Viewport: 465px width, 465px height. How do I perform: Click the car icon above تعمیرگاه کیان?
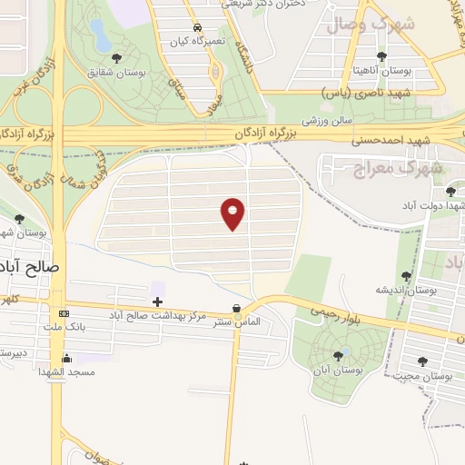[x=197, y=26]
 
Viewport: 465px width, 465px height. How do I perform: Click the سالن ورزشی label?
[x=326, y=120]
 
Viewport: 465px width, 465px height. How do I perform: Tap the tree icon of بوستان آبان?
[x=339, y=355]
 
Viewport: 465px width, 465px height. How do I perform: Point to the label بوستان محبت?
[x=426, y=374]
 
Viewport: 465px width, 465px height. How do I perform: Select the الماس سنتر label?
[x=237, y=322]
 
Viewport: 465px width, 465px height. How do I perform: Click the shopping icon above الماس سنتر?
[x=237, y=308]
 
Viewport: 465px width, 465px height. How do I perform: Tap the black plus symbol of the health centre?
[x=157, y=301]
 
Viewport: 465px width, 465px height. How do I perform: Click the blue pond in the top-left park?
[x=100, y=36]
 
